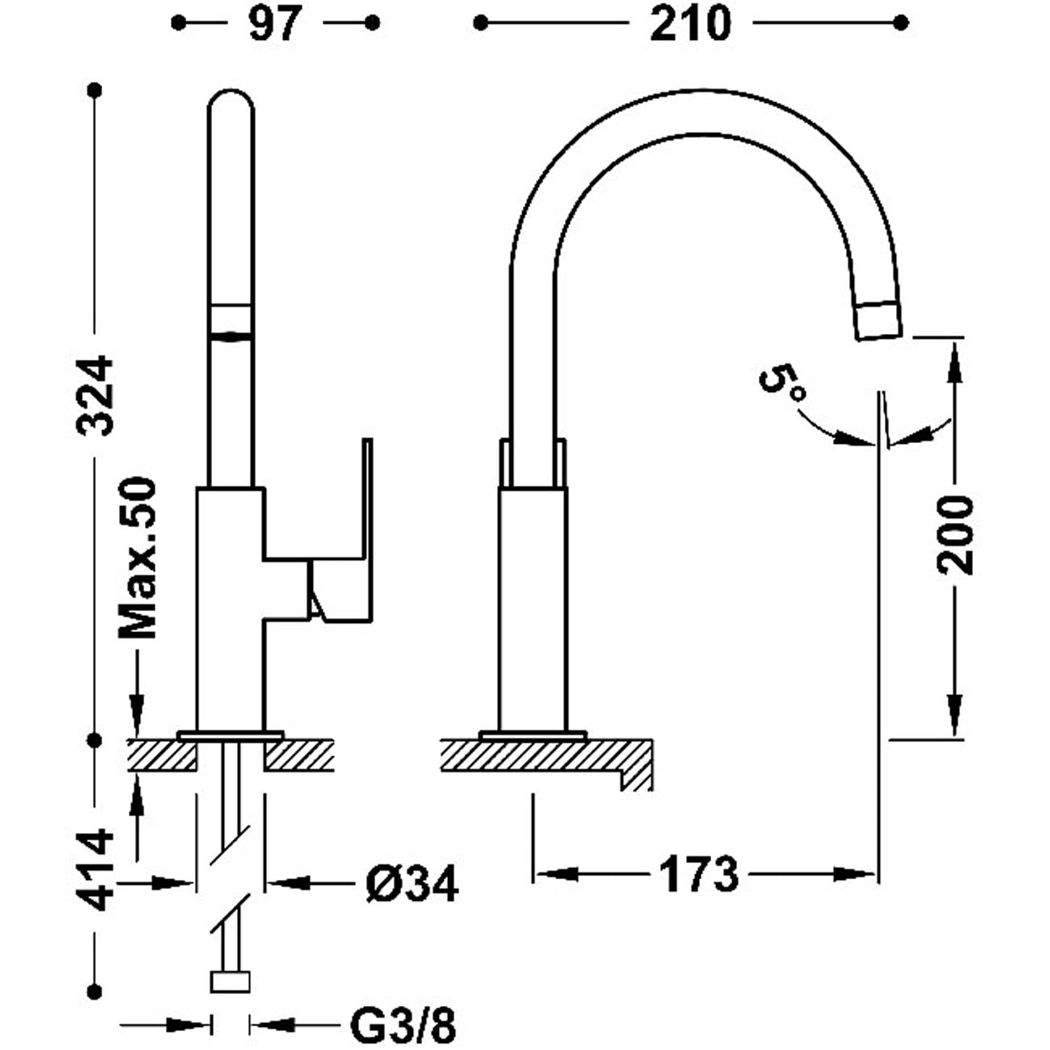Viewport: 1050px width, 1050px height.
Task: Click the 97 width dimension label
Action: tap(274, 24)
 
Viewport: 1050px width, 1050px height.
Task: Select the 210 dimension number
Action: tap(689, 24)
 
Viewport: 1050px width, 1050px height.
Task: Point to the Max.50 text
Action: tap(137, 558)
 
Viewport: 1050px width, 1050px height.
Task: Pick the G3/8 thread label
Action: tap(402, 1026)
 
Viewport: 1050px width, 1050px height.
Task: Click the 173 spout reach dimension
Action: tap(698, 874)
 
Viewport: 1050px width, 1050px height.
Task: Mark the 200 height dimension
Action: tap(955, 535)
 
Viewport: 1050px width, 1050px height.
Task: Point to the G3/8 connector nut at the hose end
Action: tap(230, 981)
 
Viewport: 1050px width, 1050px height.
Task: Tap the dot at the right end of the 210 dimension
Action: tap(901, 23)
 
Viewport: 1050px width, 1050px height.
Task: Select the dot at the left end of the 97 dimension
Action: tap(178, 23)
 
